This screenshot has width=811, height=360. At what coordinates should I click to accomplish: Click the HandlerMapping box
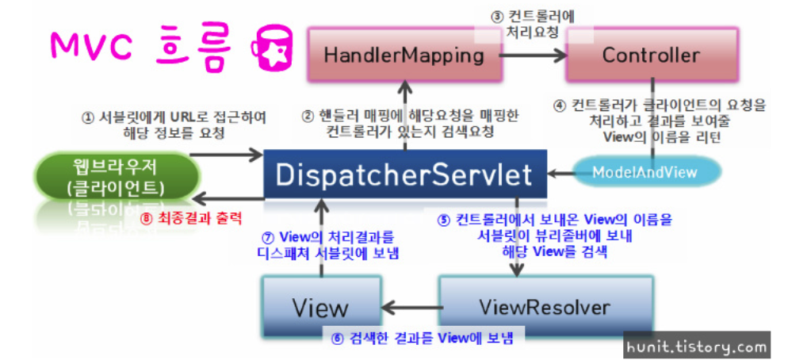[404, 55]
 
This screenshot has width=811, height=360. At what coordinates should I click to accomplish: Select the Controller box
[651, 55]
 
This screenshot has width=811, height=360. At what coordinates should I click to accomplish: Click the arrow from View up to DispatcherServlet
[319, 238]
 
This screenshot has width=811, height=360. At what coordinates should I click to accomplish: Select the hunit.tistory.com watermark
[697, 347]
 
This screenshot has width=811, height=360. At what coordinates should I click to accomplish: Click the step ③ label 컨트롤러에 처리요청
[531, 25]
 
